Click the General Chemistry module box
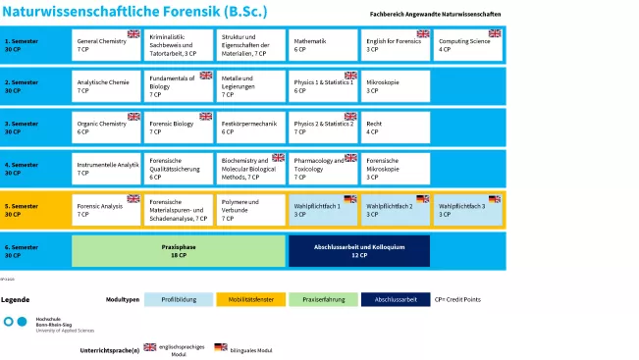click(x=106, y=45)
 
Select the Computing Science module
click(x=468, y=45)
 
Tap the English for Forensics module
click(x=396, y=45)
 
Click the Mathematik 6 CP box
click(x=323, y=45)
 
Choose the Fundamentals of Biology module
click(x=179, y=86)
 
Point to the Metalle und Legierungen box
click(x=250, y=86)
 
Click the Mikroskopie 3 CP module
click(x=396, y=86)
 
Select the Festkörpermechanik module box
click(x=250, y=128)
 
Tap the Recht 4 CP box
click(x=396, y=128)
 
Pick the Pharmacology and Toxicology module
click(x=323, y=169)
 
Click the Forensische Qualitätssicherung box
click(x=179, y=169)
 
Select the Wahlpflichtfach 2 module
click(x=396, y=210)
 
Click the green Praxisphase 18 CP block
click(x=179, y=251)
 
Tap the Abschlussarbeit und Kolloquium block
click(x=359, y=251)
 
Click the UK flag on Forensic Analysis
click(x=133, y=198)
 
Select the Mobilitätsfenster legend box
click(x=250, y=299)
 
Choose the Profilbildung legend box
click(x=178, y=299)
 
